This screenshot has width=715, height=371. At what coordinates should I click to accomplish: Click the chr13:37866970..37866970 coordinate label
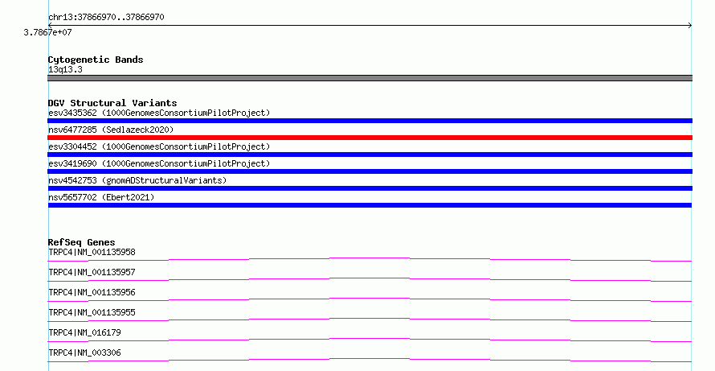[x=106, y=18]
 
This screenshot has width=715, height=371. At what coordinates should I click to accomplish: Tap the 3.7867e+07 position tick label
[x=48, y=32]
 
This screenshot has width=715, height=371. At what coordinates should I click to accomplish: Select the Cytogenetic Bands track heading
[x=96, y=60]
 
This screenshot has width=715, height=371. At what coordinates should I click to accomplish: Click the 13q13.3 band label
[x=65, y=70]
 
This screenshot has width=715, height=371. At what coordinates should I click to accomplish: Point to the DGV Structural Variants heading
[x=112, y=103]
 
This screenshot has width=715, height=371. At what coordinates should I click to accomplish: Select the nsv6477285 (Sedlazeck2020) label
[x=111, y=130]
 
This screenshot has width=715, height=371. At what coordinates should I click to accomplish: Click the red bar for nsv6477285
[x=370, y=138]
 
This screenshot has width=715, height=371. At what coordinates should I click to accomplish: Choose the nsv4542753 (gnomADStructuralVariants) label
[x=137, y=180]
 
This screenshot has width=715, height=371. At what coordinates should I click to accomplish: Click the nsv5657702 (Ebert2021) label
[x=101, y=197]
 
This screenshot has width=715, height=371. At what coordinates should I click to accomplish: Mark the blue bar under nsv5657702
[x=370, y=205]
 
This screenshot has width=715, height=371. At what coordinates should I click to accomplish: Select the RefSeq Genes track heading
[x=82, y=242]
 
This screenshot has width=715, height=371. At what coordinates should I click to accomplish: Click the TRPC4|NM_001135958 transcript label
[x=92, y=252]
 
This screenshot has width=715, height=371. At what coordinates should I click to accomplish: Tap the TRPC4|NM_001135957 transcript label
[x=92, y=272]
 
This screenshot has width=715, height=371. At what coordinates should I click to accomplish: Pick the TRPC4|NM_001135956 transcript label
[x=92, y=292]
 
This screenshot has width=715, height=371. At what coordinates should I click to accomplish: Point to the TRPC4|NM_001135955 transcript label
[x=92, y=312]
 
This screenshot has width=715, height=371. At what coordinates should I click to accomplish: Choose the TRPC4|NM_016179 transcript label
[x=84, y=332]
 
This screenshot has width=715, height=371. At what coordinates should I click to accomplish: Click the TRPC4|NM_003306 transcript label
[x=84, y=352]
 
